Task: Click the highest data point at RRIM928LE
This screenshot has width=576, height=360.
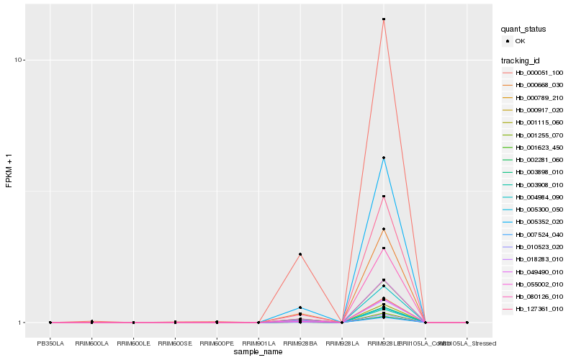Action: click(x=384, y=19)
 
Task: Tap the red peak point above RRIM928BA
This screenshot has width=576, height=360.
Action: click(x=300, y=254)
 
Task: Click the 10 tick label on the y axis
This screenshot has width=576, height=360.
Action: click(x=19, y=60)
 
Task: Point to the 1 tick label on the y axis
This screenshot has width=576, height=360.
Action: click(x=22, y=323)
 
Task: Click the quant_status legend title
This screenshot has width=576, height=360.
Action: click(x=523, y=29)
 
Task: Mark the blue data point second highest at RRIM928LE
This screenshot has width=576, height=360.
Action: click(x=384, y=158)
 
